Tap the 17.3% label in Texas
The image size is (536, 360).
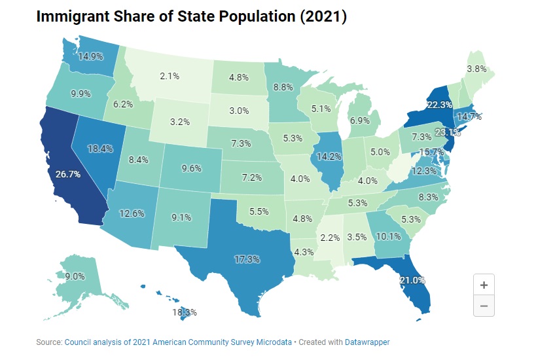pos(247,259)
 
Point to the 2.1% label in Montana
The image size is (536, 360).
pos(170,76)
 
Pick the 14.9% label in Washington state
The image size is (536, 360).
pos(90,56)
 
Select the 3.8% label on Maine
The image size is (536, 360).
pos(476,68)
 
